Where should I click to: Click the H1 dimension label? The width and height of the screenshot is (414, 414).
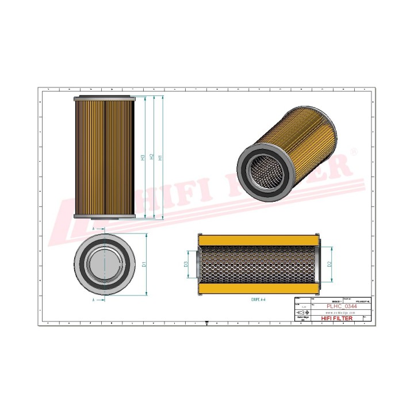coord(160,156)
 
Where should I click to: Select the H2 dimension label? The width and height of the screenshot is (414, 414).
coord(151,156)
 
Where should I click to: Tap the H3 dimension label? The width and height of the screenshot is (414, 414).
coord(143,156)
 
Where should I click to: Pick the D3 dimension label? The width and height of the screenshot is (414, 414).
coord(186,264)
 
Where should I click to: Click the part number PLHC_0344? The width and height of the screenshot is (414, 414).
coord(341,306)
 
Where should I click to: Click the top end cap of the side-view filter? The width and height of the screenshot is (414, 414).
coord(104,98)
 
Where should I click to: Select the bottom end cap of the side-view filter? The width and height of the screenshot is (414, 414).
coord(104,217)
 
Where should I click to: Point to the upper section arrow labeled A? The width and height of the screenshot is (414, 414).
coord(94,228)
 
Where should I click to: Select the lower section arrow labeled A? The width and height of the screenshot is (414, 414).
coord(93,300)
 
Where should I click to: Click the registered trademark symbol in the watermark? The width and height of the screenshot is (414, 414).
coord(354,151)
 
